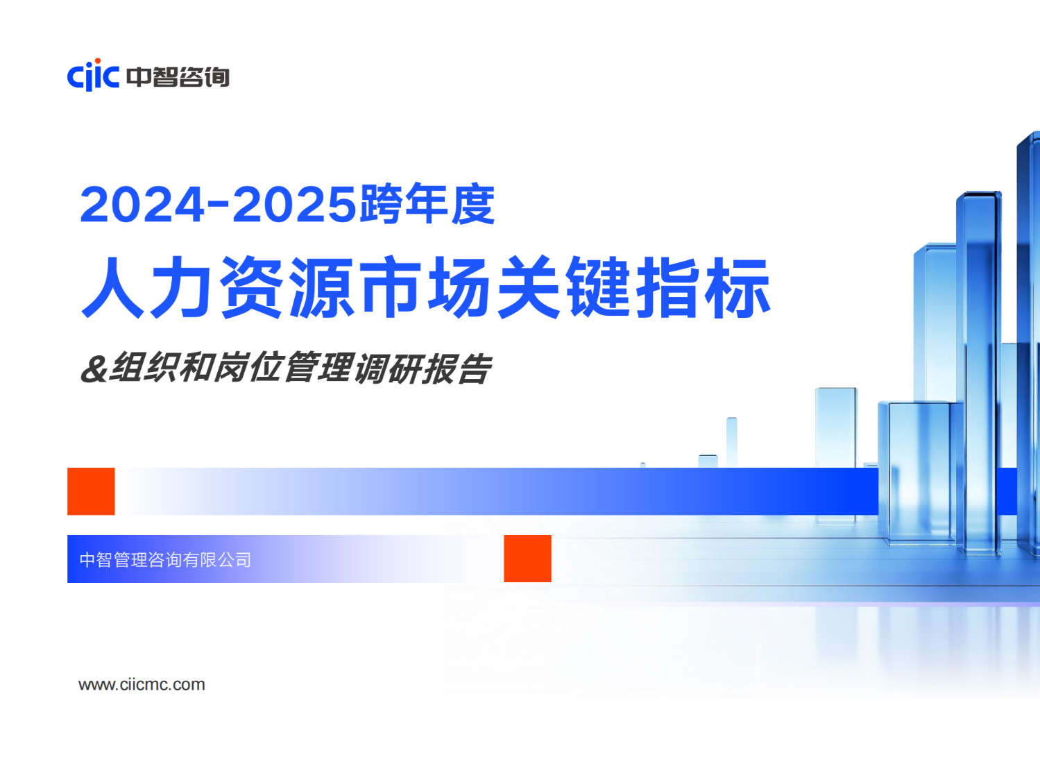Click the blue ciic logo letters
point(93,76)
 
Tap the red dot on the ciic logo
point(98,60)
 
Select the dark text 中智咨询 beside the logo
point(178,77)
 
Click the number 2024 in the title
point(142,204)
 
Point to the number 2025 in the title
point(294,204)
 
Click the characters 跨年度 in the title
point(427,203)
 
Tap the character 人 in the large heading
point(112,287)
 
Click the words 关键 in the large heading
point(563,287)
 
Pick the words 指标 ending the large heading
point(703,287)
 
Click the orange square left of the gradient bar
point(91,491)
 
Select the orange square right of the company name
point(527,559)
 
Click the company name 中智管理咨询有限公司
point(165,559)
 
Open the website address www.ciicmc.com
point(142,684)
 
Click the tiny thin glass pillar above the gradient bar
point(731,442)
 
